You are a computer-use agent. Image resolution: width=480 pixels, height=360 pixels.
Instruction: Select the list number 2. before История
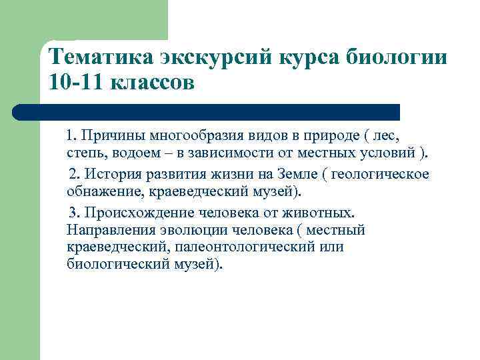(75, 174)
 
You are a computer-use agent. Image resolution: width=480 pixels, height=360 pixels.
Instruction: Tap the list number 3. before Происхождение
(75, 213)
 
